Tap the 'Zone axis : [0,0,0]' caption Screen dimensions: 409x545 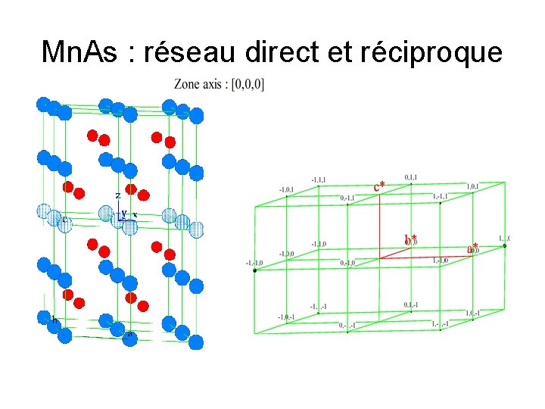(220, 84)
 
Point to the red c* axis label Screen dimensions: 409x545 (379, 186)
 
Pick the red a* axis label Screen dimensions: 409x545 (472, 247)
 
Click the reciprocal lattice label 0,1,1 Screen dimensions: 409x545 (411, 176)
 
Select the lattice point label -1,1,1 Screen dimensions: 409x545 (319, 180)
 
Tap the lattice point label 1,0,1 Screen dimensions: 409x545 (472, 186)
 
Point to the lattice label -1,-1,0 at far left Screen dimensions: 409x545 (254, 263)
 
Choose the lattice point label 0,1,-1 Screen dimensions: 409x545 (412, 304)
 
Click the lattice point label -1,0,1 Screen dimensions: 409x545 (286, 189)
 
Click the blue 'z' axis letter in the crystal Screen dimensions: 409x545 (118, 195)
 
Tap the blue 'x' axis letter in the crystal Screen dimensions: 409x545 (135, 214)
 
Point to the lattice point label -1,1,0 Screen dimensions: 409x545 (319, 244)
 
